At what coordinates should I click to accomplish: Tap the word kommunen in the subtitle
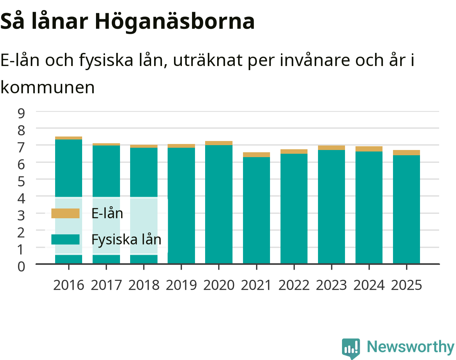(x=48, y=87)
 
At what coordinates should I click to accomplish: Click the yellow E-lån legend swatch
(x=65, y=213)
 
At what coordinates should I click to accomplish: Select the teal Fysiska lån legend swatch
(x=65, y=239)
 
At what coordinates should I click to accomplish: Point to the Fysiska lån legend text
(x=126, y=240)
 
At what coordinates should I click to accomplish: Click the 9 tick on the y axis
(x=21, y=113)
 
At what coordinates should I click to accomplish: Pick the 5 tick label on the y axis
(x=21, y=181)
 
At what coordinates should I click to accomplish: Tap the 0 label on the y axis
(x=21, y=267)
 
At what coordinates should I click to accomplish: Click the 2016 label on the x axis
(x=69, y=285)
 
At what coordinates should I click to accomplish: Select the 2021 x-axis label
(x=256, y=285)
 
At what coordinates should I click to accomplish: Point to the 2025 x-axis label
(x=406, y=285)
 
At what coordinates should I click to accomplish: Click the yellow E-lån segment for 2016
(x=69, y=138)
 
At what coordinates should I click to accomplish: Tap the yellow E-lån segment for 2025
(x=406, y=153)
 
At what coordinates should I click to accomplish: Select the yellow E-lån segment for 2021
(x=256, y=154)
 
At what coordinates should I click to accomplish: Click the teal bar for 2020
(x=219, y=204)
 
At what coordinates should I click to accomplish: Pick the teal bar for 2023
(x=331, y=207)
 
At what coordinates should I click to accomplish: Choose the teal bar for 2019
(x=181, y=205)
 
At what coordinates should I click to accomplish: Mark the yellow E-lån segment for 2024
(x=369, y=149)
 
